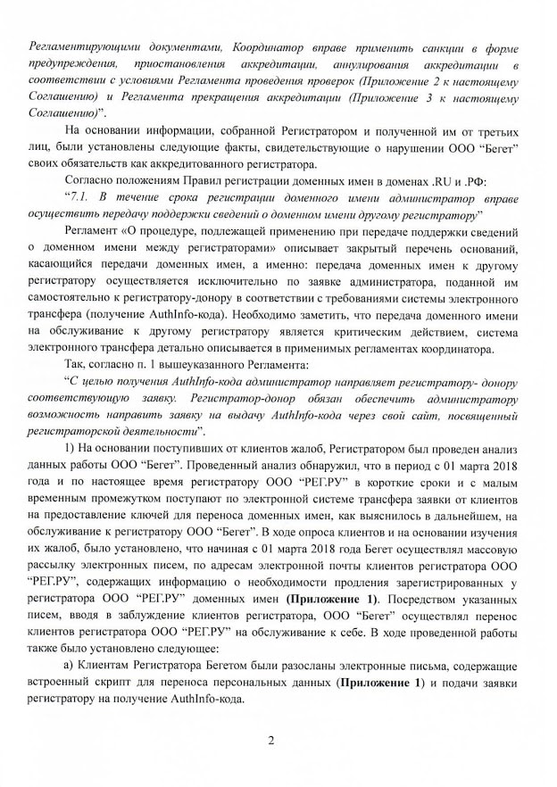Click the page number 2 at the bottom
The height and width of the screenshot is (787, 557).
tap(278, 740)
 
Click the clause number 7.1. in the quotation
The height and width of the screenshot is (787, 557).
tap(75, 195)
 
